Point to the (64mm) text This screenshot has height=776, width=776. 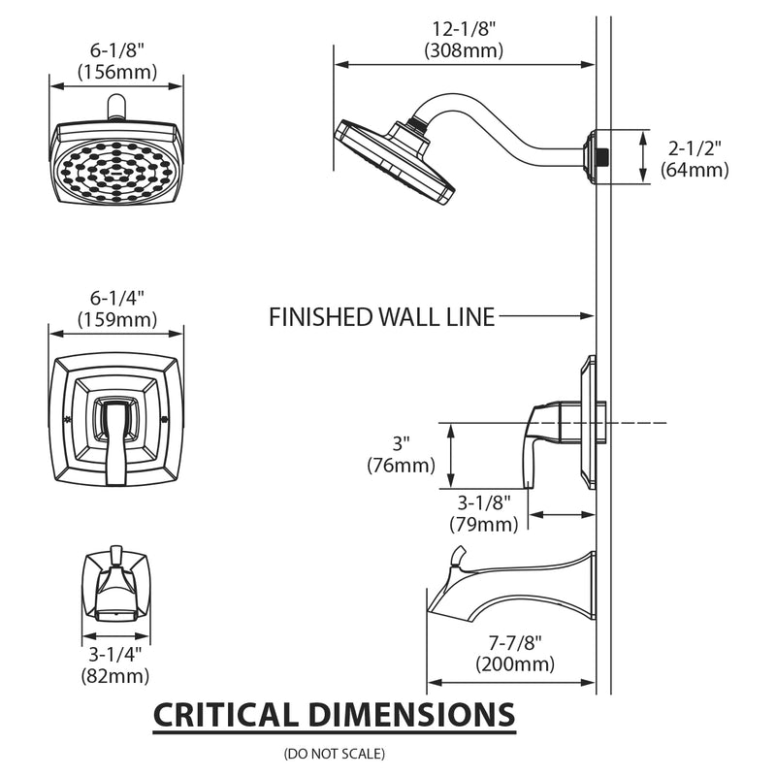pyautogui.click(x=695, y=170)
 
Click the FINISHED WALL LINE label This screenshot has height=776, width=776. pyautogui.click(x=381, y=316)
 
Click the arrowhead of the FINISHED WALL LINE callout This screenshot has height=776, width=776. pyautogui.click(x=588, y=316)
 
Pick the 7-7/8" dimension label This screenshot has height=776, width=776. pyautogui.click(x=515, y=643)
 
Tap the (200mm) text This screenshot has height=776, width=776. pyautogui.click(x=515, y=664)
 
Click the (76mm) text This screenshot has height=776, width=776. pyautogui.click(x=401, y=466)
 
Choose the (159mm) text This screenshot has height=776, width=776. pyautogui.click(x=116, y=318)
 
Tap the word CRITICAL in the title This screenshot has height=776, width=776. pyautogui.click(x=225, y=716)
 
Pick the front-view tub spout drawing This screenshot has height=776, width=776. pyautogui.click(x=116, y=587)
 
